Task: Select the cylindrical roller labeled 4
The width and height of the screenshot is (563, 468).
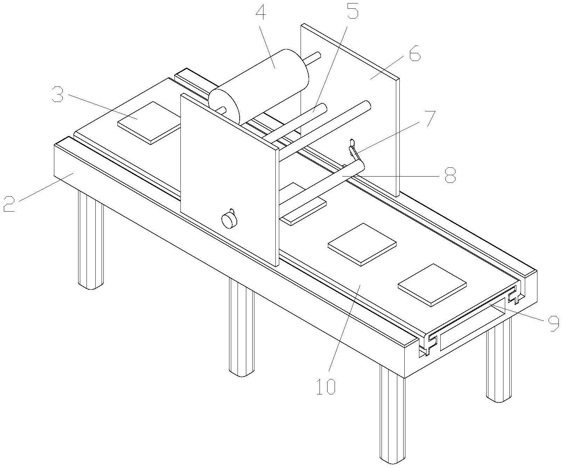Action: [259, 88]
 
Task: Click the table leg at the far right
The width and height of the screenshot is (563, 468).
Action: [499, 361]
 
